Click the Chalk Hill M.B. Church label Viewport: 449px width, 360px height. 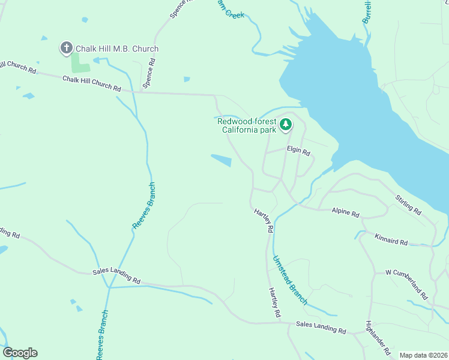117,49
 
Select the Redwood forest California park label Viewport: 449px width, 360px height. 247,125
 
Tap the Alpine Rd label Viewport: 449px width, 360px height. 345,213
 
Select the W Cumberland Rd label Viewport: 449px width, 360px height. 406,284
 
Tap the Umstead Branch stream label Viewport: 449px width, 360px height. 290,280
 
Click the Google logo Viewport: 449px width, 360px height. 20,353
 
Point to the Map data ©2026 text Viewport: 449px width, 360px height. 423,355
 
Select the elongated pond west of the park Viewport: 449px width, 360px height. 221,160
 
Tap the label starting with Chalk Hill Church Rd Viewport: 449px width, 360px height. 92,83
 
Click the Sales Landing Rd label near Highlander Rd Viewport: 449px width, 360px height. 321,328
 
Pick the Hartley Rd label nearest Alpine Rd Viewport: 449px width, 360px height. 264,221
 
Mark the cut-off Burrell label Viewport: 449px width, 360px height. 366,12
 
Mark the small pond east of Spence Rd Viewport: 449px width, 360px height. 187,79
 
